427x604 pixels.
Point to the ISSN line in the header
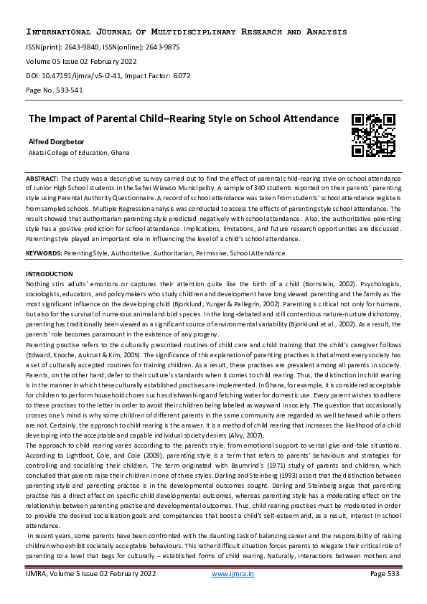[103, 47]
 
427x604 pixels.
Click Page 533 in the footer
[384, 593]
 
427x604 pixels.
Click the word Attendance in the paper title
[302, 118]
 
